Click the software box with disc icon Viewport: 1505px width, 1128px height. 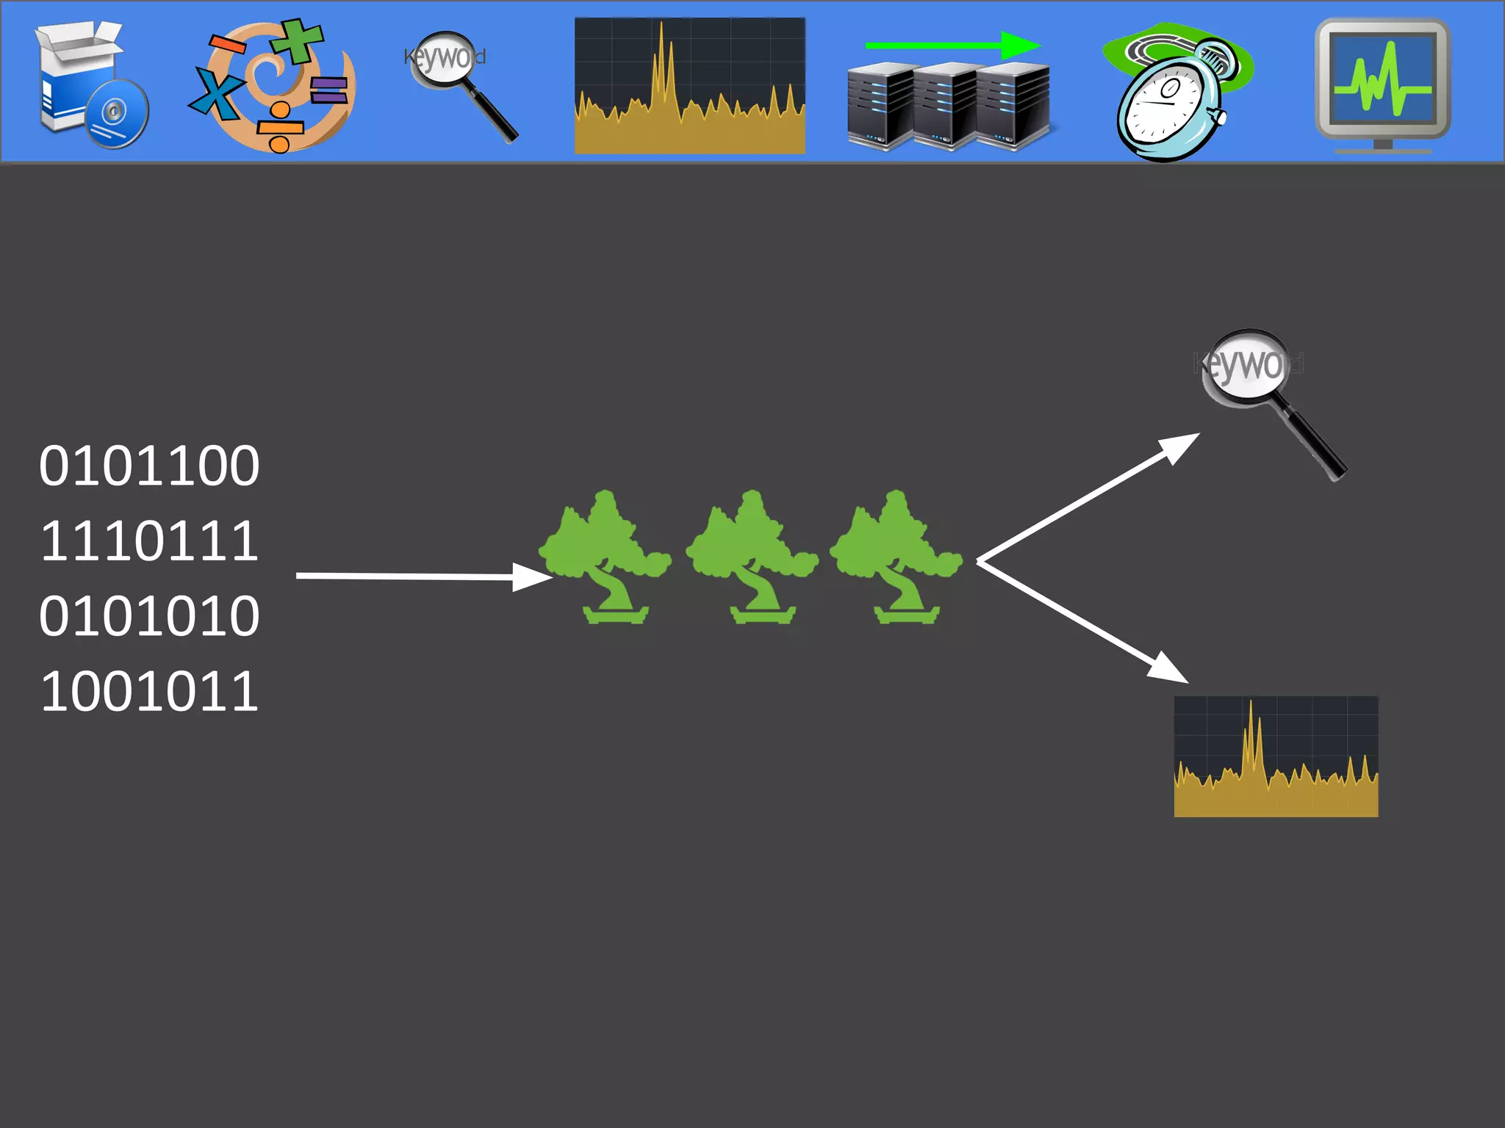tap(92, 84)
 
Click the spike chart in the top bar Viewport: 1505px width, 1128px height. tap(689, 86)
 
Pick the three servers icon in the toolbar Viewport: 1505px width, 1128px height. tap(948, 106)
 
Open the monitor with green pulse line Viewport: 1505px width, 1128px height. tap(1382, 84)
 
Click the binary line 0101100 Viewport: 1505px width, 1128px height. tap(149, 466)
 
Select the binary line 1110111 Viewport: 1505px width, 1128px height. tap(149, 542)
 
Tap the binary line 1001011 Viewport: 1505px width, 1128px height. tap(149, 692)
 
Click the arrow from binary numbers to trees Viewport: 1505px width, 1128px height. tap(423, 576)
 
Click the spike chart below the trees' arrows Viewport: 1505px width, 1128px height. tap(1276, 756)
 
